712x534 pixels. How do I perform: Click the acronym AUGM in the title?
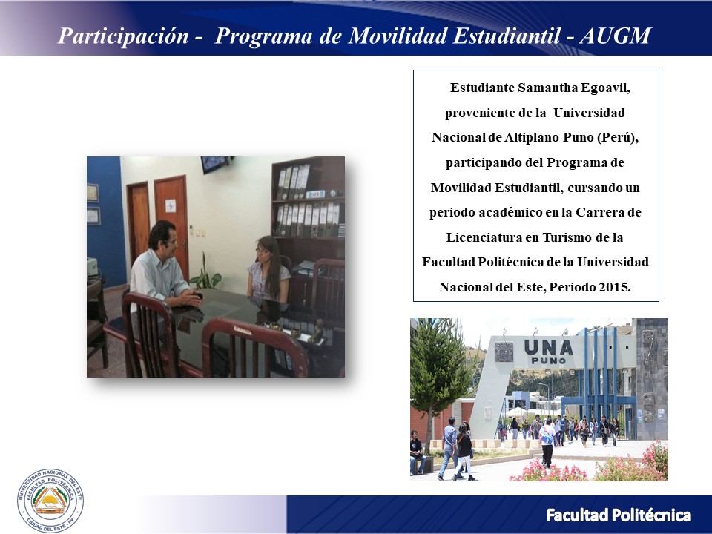(616, 36)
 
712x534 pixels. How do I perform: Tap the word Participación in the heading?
(123, 36)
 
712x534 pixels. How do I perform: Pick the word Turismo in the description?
(566, 237)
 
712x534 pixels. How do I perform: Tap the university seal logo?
(50, 501)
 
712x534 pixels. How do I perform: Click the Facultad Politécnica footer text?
(619, 515)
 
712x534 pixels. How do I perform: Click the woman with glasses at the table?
(268, 272)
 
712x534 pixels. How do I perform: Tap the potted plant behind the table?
(205, 274)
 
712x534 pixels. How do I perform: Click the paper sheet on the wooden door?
(171, 205)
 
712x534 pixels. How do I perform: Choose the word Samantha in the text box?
(547, 88)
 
